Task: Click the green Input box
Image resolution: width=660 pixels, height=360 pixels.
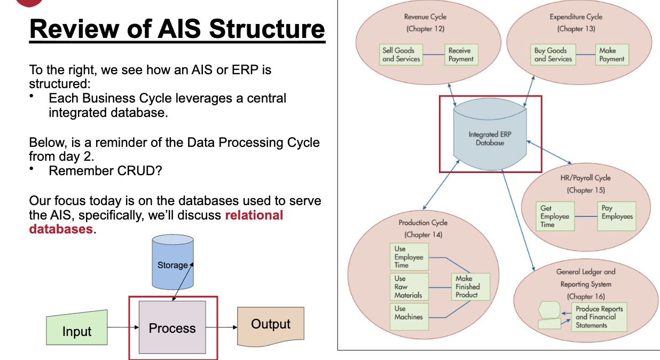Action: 77,327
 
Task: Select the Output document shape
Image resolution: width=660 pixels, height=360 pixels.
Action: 271,326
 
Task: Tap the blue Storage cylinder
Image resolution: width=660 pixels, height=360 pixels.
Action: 172,262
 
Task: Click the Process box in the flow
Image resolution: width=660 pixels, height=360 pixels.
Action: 172,327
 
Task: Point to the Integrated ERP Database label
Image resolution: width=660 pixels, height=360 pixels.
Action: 490,138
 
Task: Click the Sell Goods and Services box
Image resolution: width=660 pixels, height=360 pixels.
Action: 401,55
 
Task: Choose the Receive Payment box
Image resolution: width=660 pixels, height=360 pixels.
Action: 461,55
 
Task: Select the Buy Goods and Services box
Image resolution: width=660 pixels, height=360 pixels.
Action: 553,55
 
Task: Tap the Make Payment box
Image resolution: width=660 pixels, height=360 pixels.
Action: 612,55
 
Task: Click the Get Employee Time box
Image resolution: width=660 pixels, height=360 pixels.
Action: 555,216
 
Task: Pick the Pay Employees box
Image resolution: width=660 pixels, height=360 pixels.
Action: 617,216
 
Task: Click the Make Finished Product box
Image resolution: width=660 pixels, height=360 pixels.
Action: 470,287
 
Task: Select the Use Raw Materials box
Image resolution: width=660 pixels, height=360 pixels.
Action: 409,287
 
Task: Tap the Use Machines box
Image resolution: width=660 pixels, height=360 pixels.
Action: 409,316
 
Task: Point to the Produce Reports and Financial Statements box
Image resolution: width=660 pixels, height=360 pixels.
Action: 599,317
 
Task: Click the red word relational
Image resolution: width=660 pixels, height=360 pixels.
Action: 254,215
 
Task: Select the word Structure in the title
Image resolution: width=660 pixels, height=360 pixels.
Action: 267,29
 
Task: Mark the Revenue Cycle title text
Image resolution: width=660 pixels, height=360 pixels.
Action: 425,17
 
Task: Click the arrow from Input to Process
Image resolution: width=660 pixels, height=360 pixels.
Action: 123,327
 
